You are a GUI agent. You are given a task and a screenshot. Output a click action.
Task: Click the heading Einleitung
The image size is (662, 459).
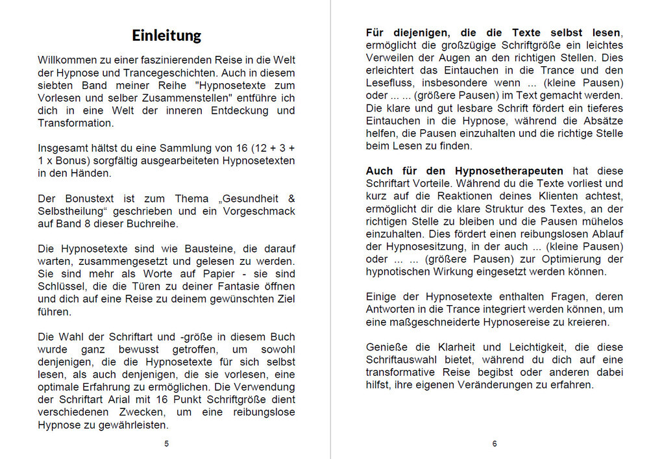[x=166, y=35]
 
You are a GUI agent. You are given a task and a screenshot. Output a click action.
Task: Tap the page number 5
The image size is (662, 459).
[x=166, y=443]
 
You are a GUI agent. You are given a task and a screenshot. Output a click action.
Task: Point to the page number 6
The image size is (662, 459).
[x=495, y=443]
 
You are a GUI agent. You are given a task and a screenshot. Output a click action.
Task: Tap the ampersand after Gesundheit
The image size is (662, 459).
[x=291, y=199]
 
